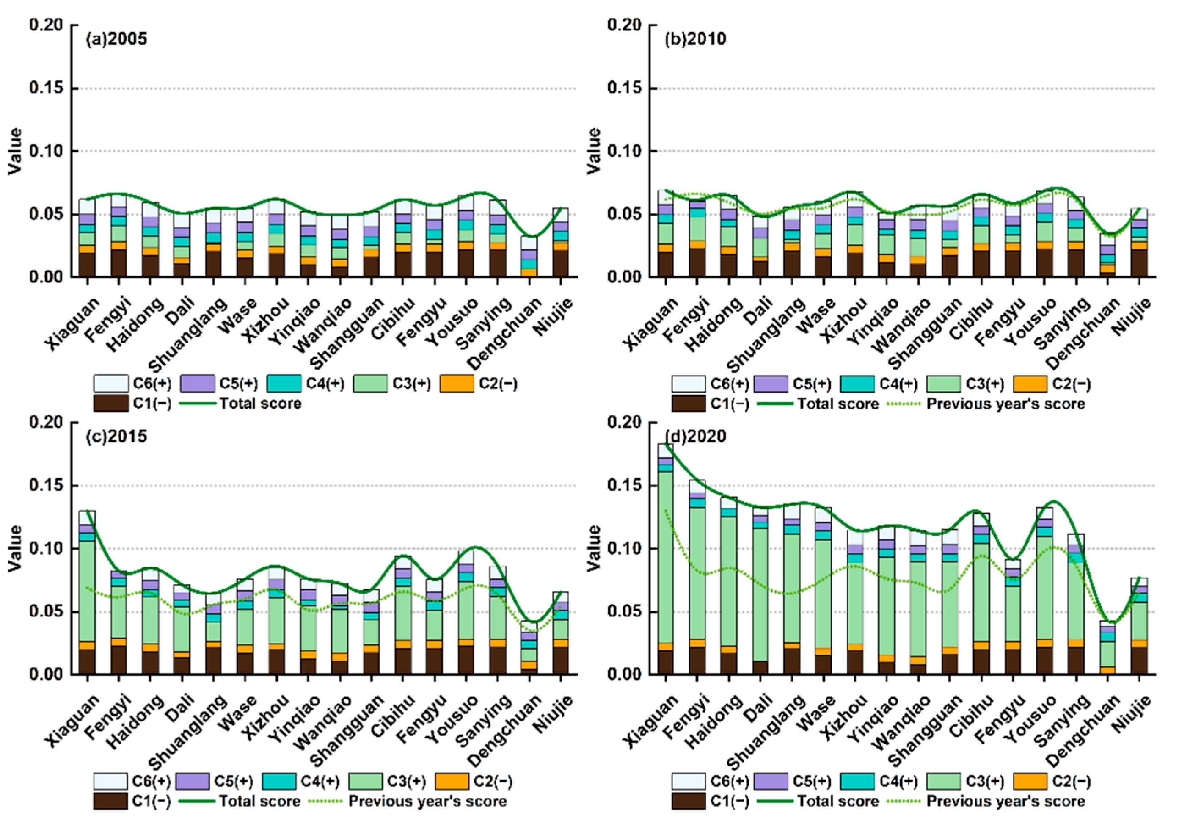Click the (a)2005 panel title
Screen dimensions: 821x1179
point(116,39)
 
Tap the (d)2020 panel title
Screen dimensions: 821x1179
point(695,437)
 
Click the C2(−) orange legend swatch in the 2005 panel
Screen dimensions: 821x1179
point(457,384)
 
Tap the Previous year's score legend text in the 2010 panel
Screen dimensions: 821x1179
point(1005,404)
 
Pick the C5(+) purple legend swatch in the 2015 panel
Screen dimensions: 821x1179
point(193,782)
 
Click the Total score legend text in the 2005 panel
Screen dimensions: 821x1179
point(260,404)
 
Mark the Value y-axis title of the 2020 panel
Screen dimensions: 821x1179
point(594,548)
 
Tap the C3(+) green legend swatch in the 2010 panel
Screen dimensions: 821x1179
point(943,384)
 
